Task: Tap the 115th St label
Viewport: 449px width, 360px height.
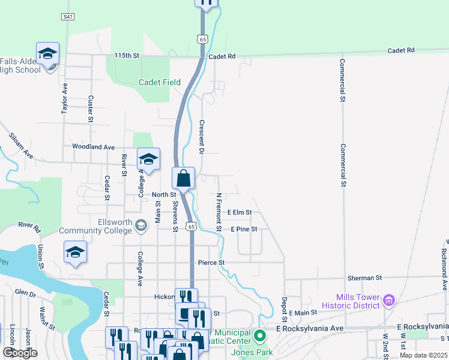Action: pos(127,56)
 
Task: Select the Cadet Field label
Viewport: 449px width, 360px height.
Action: pos(160,82)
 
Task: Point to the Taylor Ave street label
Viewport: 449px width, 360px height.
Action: pos(64,98)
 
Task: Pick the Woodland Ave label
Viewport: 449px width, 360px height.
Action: pos(93,146)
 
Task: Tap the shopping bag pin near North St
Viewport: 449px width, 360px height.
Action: pos(184,178)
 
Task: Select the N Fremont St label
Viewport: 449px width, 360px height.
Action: pos(219,212)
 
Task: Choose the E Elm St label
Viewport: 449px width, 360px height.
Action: pos(240,212)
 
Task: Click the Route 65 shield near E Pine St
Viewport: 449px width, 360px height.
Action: pos(191,226)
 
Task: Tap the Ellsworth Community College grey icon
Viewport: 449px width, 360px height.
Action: pos(141,226)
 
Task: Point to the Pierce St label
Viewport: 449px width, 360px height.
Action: pos(211,263)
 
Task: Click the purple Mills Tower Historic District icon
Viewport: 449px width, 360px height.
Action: pos(388,299)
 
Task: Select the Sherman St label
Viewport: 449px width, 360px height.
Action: pos(364,278)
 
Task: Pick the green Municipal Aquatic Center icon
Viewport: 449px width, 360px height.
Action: pos(259,335)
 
